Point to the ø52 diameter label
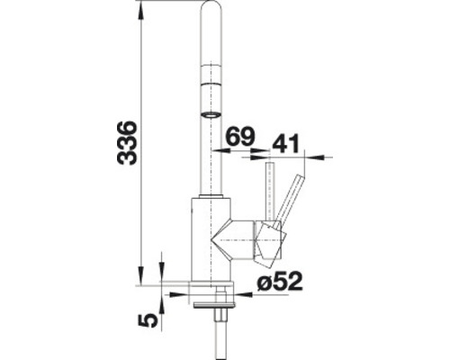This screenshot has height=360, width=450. [x=275, y=283]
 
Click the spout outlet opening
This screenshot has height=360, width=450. [x=210, y=114]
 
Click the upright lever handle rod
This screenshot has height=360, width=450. [x=267, y=190]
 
